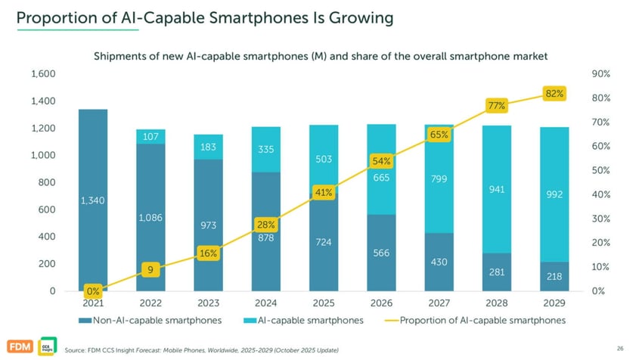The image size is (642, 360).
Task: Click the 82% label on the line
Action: [x=554, y=93]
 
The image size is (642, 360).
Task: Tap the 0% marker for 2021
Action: [x=93, y=291]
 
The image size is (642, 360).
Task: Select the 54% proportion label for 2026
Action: [x=381, y=161]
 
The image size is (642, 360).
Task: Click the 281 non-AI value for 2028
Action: [x=497, y=272]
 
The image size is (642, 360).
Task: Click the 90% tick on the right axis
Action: [x=601, y=74]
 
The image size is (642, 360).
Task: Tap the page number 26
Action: [x=620, y=348]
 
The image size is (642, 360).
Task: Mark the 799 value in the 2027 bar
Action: [x=439, y=179]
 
